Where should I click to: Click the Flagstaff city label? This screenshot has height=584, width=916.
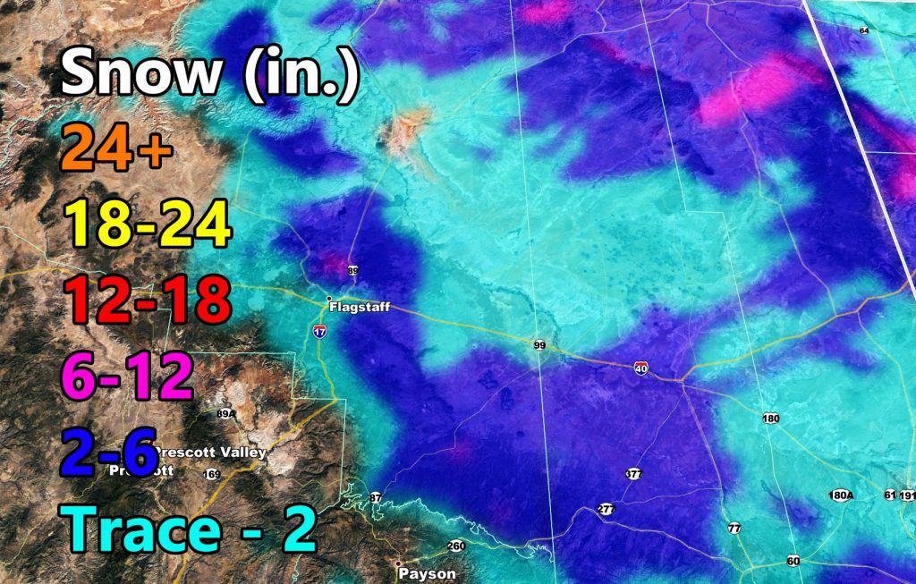coord(360,307)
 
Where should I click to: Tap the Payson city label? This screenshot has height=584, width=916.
coord(428,573)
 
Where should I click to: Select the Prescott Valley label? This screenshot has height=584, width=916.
coord(211,453)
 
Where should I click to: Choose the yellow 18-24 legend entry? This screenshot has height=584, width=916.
coord(146,224)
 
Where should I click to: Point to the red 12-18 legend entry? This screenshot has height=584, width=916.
coord(146,300)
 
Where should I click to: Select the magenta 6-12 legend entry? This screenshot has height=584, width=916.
coord(125,376)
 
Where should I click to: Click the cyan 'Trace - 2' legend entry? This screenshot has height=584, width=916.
coord(191,529)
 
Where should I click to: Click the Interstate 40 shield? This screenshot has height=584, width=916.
coord(641,368)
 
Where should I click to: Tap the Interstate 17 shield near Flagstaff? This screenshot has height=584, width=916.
coord(319,332)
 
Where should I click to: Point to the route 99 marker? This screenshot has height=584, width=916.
coord(540,345)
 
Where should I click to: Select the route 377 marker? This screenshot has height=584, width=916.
coord(633,474)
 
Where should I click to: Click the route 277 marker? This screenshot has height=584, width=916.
coord(606,509)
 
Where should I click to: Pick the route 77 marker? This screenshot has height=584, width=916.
coord(734,528)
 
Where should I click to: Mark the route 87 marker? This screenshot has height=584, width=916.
coord(376,497)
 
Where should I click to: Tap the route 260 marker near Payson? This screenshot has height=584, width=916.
coord(456,546)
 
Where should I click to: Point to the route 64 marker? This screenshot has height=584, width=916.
coord(863,31)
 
